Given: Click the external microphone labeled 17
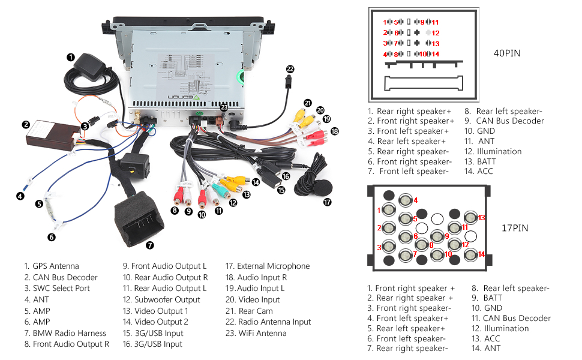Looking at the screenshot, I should point(311,178).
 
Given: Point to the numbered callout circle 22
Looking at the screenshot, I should point(290,69).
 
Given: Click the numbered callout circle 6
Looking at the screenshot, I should point(52,237).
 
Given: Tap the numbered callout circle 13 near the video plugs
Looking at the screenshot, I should point(246,194).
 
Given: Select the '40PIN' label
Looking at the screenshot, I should point(507,53).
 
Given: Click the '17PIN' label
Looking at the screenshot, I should point(515,228).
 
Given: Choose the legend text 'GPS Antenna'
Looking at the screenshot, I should point(55,266).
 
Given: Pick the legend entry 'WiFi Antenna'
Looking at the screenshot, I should point(262,333).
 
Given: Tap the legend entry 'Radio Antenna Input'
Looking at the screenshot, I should point(274,322).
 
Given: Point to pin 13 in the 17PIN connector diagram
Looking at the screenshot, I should point(472,218).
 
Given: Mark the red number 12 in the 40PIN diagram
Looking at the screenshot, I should point(436,33).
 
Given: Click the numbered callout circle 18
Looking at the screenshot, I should point(335,131).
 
